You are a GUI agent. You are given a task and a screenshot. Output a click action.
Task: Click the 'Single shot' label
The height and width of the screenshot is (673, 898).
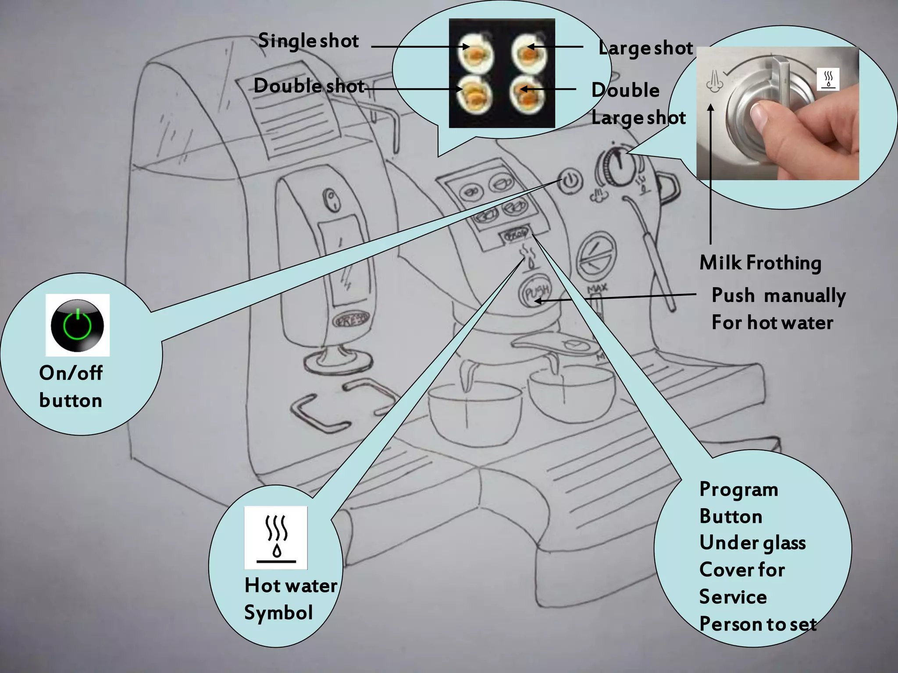point(308,41)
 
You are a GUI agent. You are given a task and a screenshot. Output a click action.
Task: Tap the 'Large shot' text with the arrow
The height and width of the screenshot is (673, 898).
point(645,48)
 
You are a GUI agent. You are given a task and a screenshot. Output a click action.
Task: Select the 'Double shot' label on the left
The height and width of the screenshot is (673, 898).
point(309,86)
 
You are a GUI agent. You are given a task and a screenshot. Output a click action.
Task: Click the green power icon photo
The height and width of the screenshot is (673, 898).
point(77,325)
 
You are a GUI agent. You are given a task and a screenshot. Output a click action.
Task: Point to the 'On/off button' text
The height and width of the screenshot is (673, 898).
point(71,386)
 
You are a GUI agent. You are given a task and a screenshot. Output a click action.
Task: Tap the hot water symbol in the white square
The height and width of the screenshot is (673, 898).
point(276,538)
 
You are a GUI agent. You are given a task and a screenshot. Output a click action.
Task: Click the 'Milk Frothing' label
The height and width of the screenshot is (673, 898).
point(760,263)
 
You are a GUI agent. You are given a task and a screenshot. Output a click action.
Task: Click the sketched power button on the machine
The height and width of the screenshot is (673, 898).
point(570,181)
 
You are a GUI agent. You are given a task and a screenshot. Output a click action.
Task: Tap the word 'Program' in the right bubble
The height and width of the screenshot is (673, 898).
point(738,489)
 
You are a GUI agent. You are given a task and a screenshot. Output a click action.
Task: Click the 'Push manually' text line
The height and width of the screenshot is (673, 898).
point(778,295)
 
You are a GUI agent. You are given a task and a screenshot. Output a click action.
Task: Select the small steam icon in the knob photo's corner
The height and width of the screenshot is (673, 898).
point(828,79)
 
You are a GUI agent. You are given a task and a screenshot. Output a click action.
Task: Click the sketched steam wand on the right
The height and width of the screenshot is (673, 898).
point(653,254)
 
